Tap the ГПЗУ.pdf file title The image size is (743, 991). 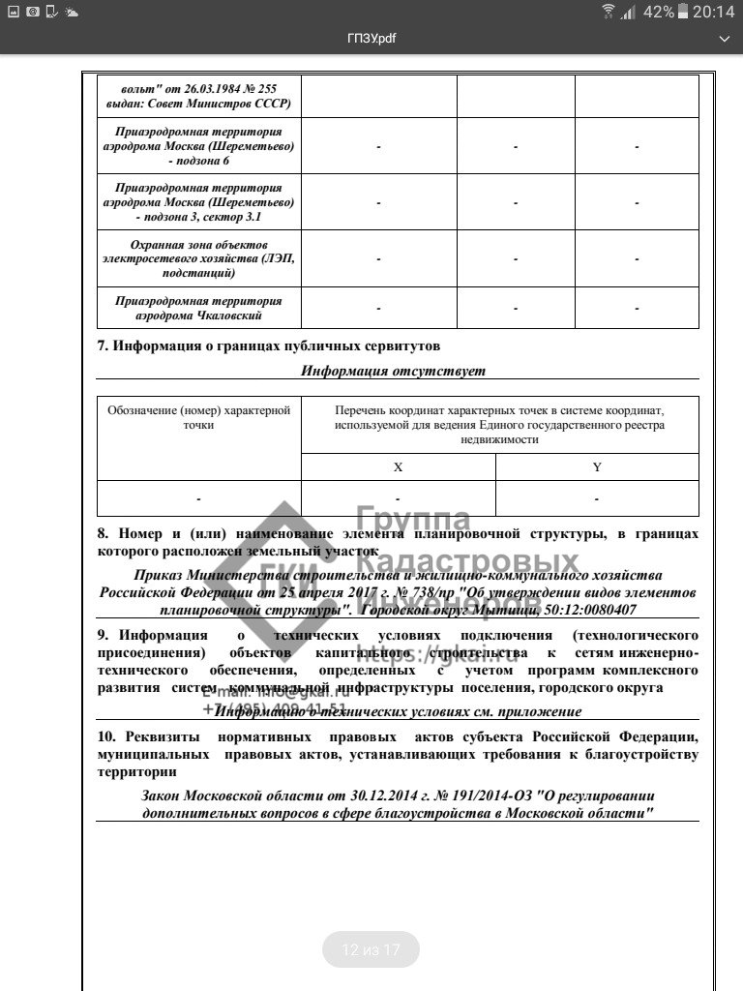tap(371, 38)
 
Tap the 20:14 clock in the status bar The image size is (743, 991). tap(714, 12)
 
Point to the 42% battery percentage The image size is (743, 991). tap(658, 12)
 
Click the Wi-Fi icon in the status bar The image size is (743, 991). tap(608, 12)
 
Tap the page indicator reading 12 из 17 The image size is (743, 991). tap(371, 950)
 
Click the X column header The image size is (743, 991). tap(398, 467)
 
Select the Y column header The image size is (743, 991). tap(596, 467)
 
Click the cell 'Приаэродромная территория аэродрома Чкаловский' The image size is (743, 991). tap(199, 308)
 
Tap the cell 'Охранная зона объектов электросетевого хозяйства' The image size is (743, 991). tap(199, 258)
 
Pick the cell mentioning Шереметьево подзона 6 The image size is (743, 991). tap(199, 146)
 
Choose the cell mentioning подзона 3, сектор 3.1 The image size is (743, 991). tap(199, 202)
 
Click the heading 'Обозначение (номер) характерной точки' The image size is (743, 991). tap(198, 417)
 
